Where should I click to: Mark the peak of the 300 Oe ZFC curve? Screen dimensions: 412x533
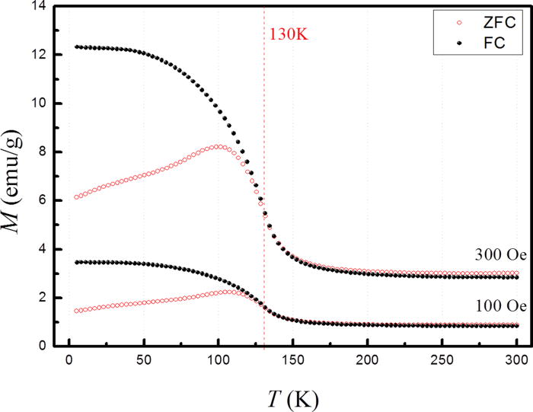pos(218,146)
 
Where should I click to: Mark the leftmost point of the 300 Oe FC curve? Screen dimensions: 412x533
pos(76,46)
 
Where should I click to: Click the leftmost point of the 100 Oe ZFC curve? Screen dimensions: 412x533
pos(76,311)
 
